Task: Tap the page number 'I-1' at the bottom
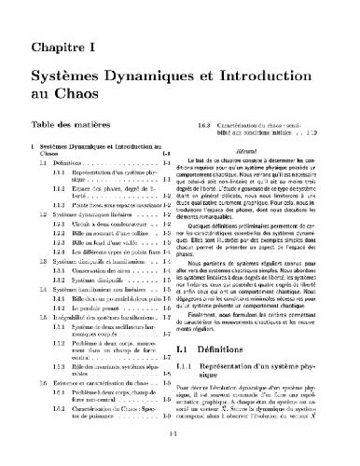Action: pyautogui.click(x=180, y=432)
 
